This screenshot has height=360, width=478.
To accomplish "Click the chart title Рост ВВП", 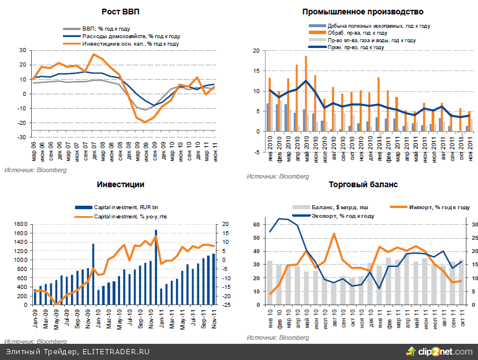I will pyautogui.click(x=120, y=12).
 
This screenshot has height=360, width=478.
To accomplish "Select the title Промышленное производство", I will pyautogui.click(x=363, y=12).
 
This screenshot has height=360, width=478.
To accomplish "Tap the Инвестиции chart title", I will pyautogui.click(x=120, y=184).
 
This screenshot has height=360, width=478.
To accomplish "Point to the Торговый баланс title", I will pyautogui.click(x=363, y=184).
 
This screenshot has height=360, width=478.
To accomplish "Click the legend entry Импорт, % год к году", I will pyautogui.click(x=439, y=206).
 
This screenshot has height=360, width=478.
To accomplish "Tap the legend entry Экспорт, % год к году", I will pyautogui.click(x=341, y=216).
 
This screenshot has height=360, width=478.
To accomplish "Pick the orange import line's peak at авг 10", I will pyautogui.click(x=334, y=234).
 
